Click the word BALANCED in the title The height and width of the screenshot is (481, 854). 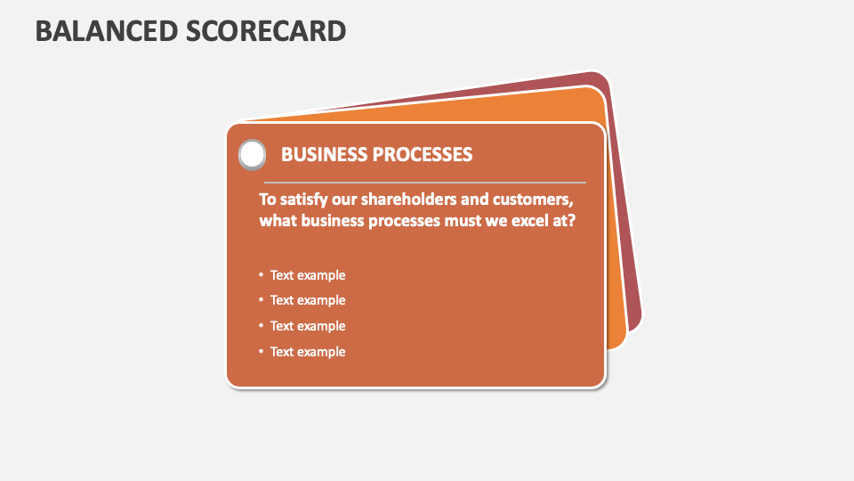tap(106, 31)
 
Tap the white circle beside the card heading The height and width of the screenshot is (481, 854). tap(253, 155)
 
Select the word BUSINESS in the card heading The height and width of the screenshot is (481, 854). tap(324, 155)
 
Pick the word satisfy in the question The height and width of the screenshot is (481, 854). tap(307, 198)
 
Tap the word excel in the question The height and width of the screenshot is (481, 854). tap(530, 220)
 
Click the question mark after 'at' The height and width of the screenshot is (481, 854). tap(571, 220)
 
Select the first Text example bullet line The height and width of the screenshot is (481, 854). tap(308, 275)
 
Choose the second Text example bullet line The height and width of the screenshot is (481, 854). tap(308, 300)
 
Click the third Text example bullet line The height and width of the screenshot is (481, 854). tap(308, 326)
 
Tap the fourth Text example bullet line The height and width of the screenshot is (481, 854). tap(308, 352)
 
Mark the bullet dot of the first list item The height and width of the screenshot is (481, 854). tap(262, 275)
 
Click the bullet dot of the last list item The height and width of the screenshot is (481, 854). tap(262, 352)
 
